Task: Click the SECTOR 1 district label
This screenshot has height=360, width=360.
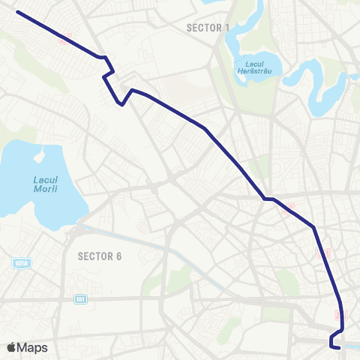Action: click(x=208, y=28)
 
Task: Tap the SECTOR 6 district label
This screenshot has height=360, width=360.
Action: click(x=100, y=256)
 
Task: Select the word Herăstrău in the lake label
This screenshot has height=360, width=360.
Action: click(x=252, y=70)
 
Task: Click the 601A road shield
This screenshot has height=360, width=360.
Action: click(x=20, y=262)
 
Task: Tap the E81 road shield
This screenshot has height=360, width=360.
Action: click(x=80, y=298)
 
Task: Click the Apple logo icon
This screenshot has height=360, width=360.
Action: click(x=11, y=347)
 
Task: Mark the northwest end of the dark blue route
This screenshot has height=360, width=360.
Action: click(x=16, y=12)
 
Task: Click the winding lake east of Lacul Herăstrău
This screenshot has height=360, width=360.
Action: click(x=319, y=82)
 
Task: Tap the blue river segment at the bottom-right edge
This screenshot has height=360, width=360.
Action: click(x=351, y=346)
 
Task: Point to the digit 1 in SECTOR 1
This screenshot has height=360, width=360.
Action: click(x=227, y=28)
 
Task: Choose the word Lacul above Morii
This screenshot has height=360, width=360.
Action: click(x=45, y=179)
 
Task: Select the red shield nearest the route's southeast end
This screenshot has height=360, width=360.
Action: click(x=342, y=315)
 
